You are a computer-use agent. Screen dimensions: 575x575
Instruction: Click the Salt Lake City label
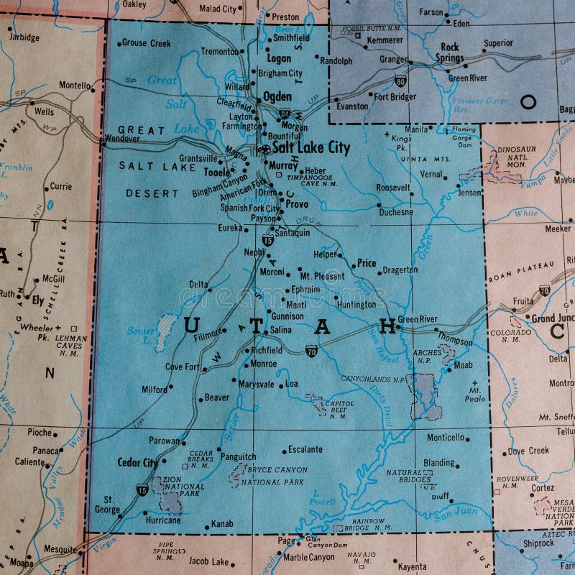pyautogui.click(x=311, y=148)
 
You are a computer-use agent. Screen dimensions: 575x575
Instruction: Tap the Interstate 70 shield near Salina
pyautogui.click(x=310, y=351)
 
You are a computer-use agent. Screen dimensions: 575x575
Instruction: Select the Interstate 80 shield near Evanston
pyautogui.click(x=400, y=81)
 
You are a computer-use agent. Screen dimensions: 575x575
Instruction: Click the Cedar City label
pyautogui.click(x=137, y=463)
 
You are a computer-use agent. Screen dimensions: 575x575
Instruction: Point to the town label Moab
pyautogui.click(x=464, y=365)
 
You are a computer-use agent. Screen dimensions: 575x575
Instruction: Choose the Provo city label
pyautogui.click(x=297, y=204)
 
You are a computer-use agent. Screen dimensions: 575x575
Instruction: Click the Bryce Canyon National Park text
pyautogui.click(x=277, y=475)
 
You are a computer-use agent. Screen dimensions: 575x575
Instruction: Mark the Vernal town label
pyautogui.click(x=431, y=174)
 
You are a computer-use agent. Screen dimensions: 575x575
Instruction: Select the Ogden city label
pyautogui.click(x=277, y=96)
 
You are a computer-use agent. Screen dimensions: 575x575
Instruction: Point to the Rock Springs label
pyautogui.click(x=450, y=52)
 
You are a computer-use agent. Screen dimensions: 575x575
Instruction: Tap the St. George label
pyautogui.click(x=109, y=504)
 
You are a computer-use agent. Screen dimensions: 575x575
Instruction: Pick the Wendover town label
pyautogui.click(x=121, y=138)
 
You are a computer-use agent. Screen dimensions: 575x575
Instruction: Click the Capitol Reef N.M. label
pyautogui.click(x=339, y=410)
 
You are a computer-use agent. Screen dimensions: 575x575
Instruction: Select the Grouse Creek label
pyautogui.click(x=146, y=43)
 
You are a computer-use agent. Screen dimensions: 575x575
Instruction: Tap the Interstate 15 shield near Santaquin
pyautogui.click(x=267, y=240)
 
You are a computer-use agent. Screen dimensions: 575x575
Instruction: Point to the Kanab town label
pyautogui.click(x=222, y=524)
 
